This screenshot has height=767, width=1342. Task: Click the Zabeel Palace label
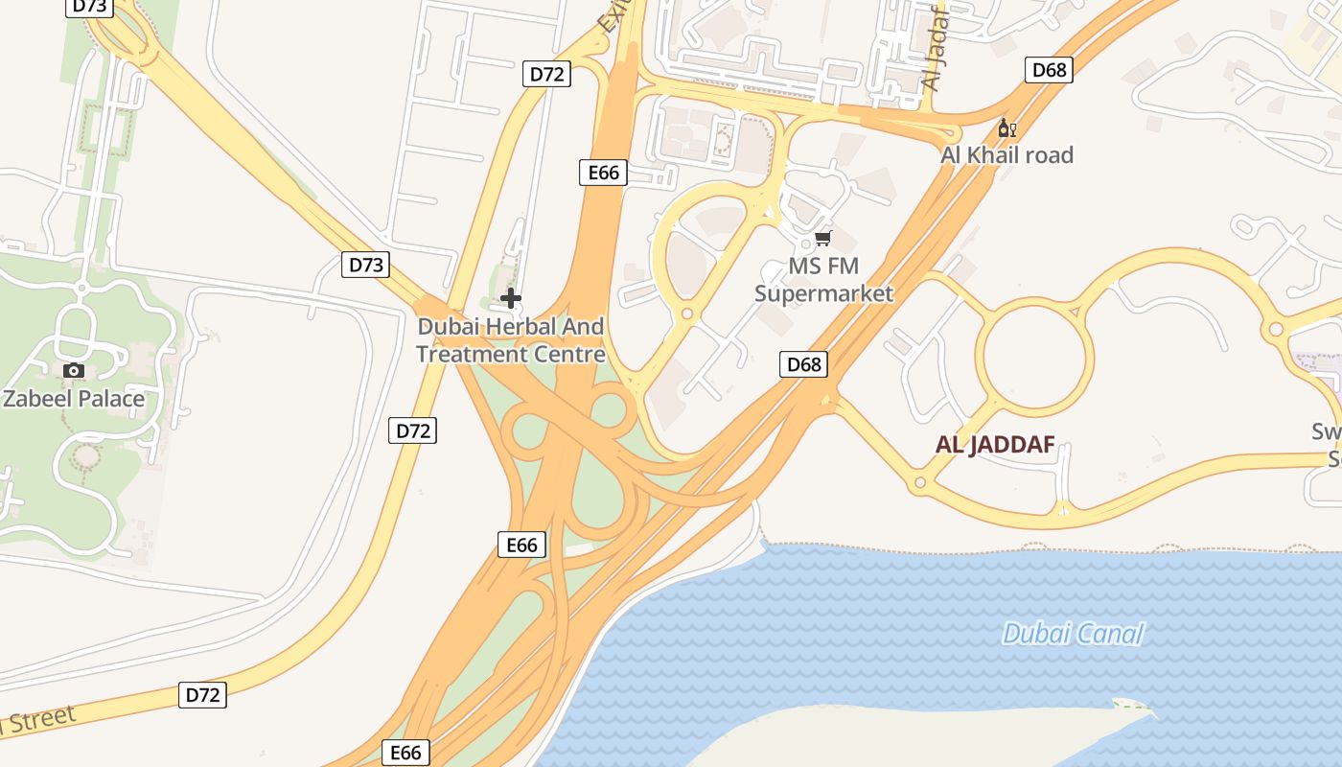click(x=74, y=399)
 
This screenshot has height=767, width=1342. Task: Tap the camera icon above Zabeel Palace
click(x=73, y=371)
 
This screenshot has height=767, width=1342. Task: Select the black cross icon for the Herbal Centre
click(x=511, y=298)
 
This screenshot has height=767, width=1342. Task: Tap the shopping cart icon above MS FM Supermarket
click(x=823, y=238)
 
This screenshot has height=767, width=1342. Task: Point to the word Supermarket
click(x=823, y=293)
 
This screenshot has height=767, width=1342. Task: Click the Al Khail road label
click(x=1006, y=155)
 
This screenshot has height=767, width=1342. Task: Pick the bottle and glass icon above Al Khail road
click(x=1006, y=128)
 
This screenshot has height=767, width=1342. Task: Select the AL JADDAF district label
click(x=995, y=445)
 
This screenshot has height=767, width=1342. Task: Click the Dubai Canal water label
click(x=1073, y=634)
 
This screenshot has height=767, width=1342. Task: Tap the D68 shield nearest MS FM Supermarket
click(x=803, y=364)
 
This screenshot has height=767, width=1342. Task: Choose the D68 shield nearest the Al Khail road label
click(x=1049, y=70)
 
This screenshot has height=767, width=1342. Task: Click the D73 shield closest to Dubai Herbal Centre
click(x=366, y=265)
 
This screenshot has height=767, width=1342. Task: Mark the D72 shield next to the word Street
click(x=202, y=695)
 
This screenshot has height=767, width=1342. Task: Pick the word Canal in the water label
click(x=1109, y=634)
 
